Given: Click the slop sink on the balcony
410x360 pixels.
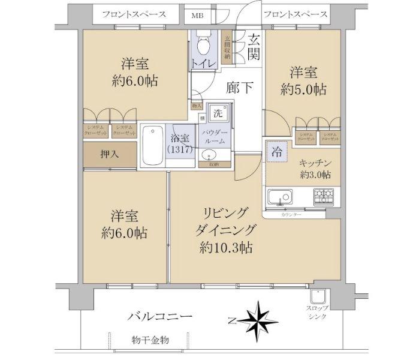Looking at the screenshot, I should tap(316, 298).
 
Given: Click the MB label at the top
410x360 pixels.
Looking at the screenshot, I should tap(197, 14).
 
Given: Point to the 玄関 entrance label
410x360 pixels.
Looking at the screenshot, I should tap(253, 46).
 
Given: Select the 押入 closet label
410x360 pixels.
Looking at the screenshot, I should tap(109, 154).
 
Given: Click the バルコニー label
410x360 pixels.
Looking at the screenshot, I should tap(159, 316).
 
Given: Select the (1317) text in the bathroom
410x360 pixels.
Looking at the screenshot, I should tap(180, 149).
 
